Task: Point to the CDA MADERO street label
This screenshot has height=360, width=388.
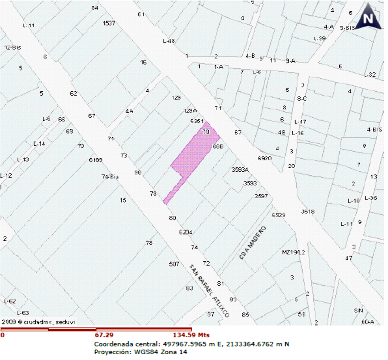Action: [253, 243]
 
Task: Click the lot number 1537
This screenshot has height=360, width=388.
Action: [109, 23]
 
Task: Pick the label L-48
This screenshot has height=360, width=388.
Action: [169, 41]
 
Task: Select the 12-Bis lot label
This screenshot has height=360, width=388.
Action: [13, 47]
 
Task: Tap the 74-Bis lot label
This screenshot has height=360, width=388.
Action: [110, 177]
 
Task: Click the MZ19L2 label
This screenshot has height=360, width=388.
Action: [293, 252]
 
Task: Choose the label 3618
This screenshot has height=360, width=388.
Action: [308, 212]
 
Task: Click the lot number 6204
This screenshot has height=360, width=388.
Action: [185, 232]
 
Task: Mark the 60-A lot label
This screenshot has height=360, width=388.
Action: [367, 322]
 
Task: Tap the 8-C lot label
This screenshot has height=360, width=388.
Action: [302, 99]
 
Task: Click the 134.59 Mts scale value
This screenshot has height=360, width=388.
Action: [191, 335]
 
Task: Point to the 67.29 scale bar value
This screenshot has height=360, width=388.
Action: [103, 335]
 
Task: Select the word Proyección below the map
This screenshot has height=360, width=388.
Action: [111, 352]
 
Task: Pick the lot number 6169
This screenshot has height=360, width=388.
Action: [96, 160]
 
